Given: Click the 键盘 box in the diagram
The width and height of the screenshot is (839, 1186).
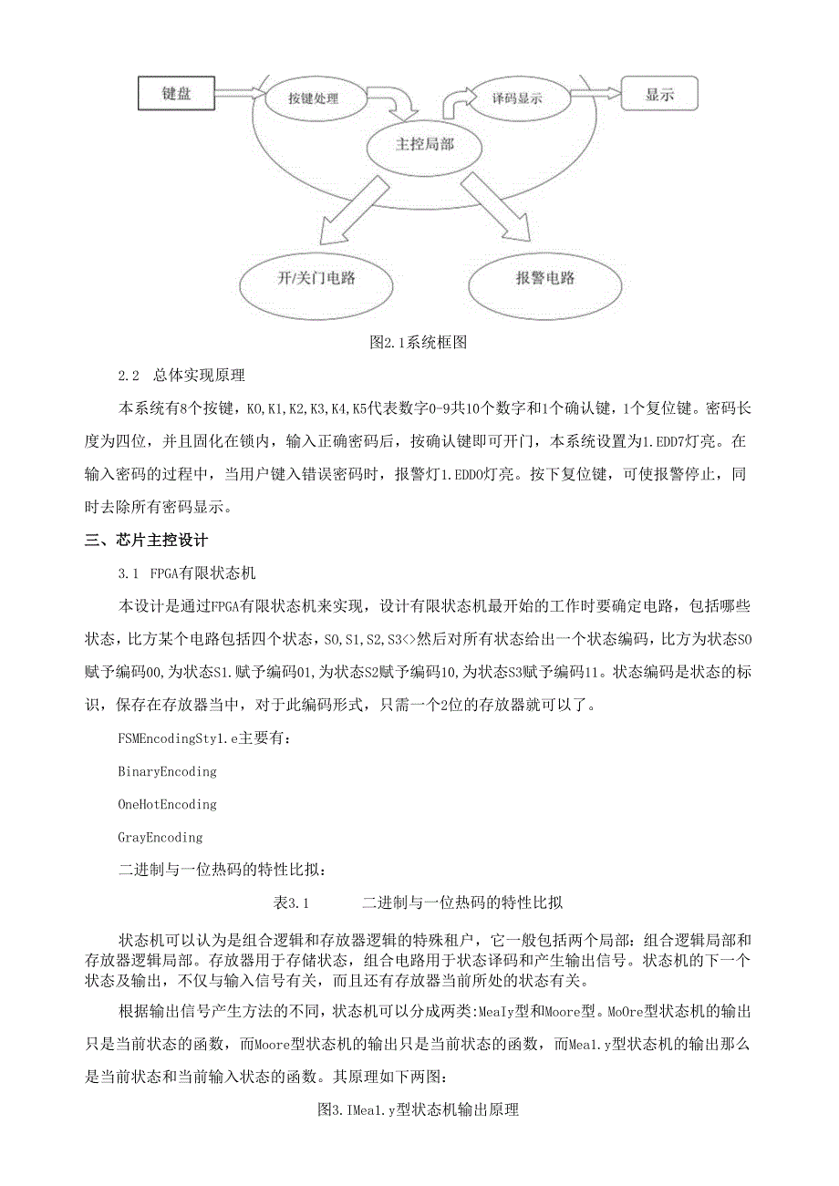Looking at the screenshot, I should pos(175,93).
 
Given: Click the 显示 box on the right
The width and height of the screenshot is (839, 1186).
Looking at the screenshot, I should pos(658,93).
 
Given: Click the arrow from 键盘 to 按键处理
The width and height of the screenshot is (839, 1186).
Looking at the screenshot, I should pos(239,94).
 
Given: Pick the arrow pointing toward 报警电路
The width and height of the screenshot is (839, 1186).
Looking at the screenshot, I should pos(496,207).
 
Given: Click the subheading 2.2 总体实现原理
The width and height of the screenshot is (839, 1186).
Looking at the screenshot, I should pos(181,375).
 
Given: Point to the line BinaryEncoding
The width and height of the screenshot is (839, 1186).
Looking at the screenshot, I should pos(167,771).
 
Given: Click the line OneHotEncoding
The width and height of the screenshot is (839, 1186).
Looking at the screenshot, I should pos(167,804).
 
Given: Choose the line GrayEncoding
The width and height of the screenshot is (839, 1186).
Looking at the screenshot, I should pos(160,837).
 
